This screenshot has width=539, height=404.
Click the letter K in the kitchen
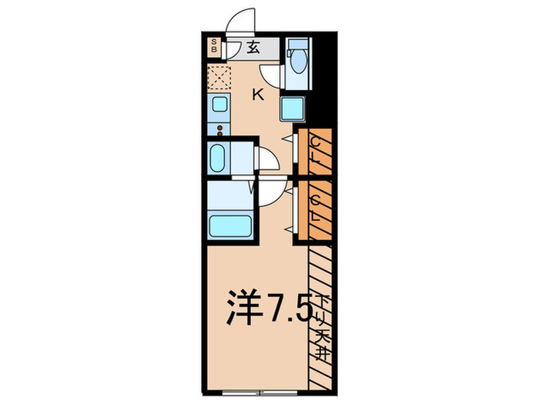(x=259, y=95)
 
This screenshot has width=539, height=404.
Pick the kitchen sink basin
(x=218, y=105)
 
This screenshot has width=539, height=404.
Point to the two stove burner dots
(x=219, y=129)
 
